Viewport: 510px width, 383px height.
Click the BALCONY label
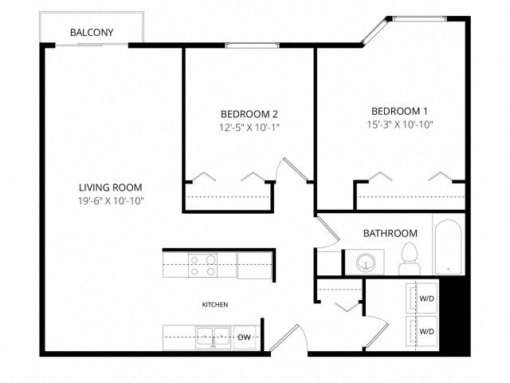pyautogui.click(x=92, y=33)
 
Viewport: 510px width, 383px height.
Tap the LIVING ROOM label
pyautogui.click(x=111, y=188)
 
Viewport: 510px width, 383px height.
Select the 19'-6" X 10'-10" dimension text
pyautogui.click(x=111, y=200)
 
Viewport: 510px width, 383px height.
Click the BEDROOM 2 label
pyautogui.click(x=249, y=114)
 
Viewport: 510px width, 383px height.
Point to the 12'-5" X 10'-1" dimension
pyautogui.click(x=249, y=128)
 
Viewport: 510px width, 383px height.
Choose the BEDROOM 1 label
pyautogui.click(x=399, y=112)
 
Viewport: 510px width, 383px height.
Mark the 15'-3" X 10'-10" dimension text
pyautogui.click(x=400, y=124)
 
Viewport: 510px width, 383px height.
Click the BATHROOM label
pyautogui.click(x=390, y=233)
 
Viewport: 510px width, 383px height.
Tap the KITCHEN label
pyautogui.click(x=215, y=305)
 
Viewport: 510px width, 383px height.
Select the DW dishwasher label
pyautogui.click(x=245, y=338)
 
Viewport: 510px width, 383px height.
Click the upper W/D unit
pyautogui.click(x=422, y=298)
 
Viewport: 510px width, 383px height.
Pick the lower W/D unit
pyautogui.click(x=422, y=331)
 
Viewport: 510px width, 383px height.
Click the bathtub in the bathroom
pyautogui.click(x=448, y=247)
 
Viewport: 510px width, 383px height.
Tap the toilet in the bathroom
pyautogui.click(x=410, y=259)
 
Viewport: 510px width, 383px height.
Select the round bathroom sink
pyautogui.click(x=366, y=263)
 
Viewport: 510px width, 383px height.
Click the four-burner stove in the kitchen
pyautogui.click(x=203, y=265)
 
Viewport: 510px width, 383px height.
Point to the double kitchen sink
pyautogui.click(x=213, y=338)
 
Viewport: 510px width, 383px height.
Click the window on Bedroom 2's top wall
pyautogui.click(x=253, y=45)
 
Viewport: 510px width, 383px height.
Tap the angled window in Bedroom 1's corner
pyautogui.click(x=375, y=31)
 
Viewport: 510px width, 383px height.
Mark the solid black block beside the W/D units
pyautogui.click(x=454, y=315)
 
